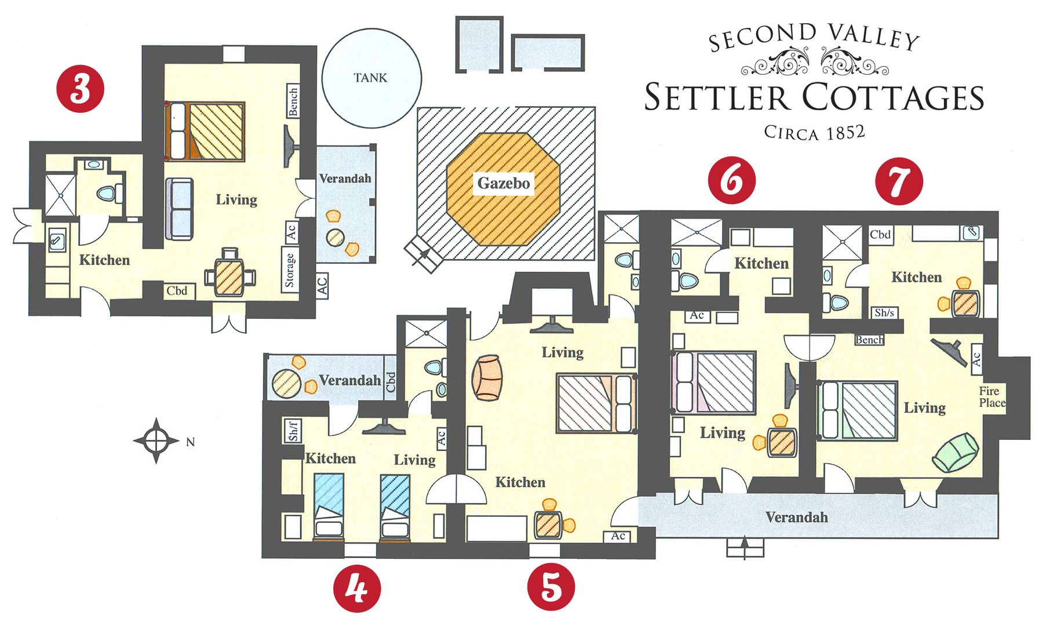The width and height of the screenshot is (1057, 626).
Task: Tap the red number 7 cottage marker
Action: [898, 181]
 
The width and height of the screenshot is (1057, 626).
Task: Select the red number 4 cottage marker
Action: [357, 588]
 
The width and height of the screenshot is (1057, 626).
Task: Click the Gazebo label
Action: [503, 184]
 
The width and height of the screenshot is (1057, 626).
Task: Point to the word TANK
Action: [370, 78]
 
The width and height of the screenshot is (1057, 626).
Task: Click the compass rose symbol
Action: [156, 441]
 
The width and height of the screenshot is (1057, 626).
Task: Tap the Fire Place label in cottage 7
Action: [992, 397]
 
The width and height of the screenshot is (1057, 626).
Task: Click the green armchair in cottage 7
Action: [955, 453]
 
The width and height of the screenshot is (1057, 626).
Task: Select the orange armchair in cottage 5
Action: [487, 377]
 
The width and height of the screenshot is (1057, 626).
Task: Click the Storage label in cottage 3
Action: [290, 270]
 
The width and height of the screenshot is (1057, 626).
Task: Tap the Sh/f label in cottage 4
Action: [293, 431]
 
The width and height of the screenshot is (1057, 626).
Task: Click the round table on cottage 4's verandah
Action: [286, 383]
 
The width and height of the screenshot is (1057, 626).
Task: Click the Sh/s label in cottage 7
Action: [884, 313]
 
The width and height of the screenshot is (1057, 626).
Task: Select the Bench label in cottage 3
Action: [293, 101]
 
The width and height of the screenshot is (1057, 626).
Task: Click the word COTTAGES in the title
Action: [893, 97]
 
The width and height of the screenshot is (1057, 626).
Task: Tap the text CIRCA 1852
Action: [814, 133]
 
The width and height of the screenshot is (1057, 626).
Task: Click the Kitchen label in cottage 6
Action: [761, 264]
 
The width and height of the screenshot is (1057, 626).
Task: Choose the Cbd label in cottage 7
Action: [880, 235]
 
